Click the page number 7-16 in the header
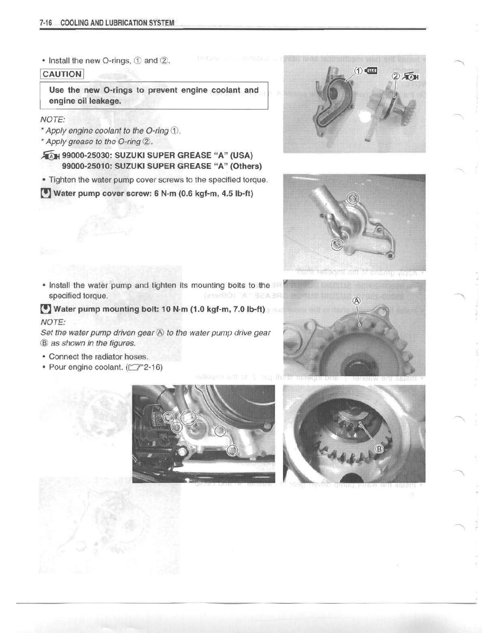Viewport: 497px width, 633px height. coord(46,23)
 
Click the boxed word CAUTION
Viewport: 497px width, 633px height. coord(62,74)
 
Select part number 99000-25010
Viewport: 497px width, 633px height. coord(87,166)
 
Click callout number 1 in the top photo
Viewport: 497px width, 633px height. coord(359,71)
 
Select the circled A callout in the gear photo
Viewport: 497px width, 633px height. coord(357,301)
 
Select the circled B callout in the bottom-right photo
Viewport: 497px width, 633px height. coord(379,449)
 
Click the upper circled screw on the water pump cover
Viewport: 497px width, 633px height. coord(353,198)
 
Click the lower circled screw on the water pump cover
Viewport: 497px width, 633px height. coord(337,244)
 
